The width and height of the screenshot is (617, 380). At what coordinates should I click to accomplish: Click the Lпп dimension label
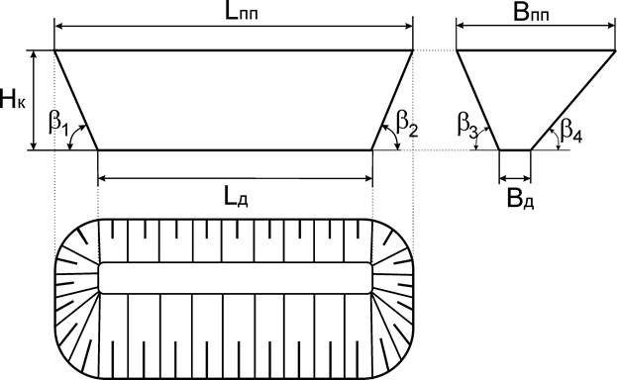tap(242, 13)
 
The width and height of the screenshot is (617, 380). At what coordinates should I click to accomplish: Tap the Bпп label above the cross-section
tap(531, 13)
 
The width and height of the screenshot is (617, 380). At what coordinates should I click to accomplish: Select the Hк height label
tap(13, 99)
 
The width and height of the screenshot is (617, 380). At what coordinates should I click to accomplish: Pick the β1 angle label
tap(58, 123)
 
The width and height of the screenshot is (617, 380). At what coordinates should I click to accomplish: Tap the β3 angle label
tap(467, 124)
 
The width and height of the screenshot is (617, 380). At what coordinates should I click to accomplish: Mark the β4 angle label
tap(571, 130)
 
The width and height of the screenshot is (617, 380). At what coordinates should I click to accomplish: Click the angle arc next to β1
tap(72, 134)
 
